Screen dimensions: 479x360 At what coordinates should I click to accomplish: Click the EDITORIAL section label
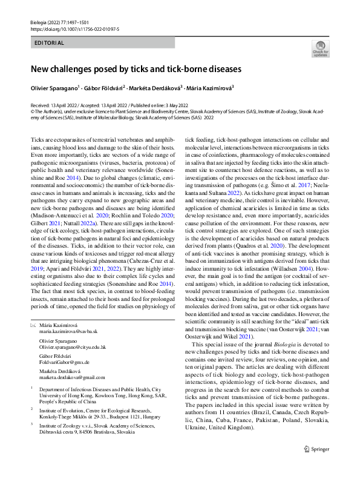[x=49, y=43]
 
